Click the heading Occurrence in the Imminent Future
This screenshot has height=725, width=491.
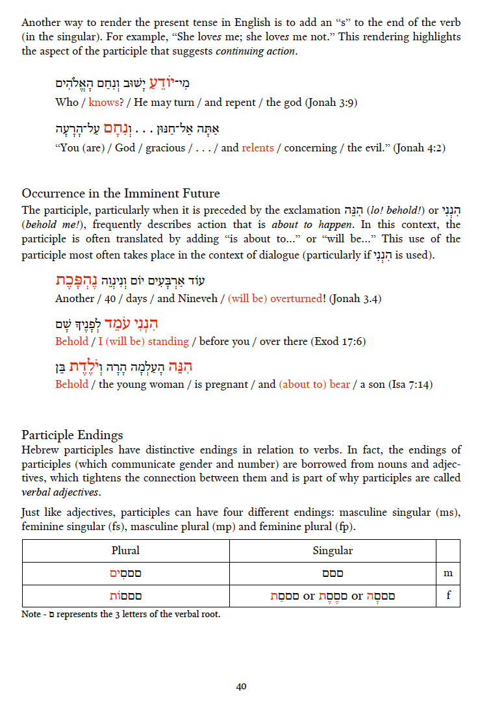121,194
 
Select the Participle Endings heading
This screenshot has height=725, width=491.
72,435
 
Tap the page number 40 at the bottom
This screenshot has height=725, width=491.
241,687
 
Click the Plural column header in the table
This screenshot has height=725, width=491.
125,551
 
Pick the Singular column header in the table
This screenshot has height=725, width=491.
333,551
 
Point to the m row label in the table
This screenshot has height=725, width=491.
448,574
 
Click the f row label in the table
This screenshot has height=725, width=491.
448,596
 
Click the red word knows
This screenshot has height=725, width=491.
103,102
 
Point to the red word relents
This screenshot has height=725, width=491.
258,147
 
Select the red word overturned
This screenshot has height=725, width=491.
297,298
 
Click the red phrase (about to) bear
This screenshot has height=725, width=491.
314,384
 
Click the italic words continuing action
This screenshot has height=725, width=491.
257,51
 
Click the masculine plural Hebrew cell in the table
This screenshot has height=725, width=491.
125,574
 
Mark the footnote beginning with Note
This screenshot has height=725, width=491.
121,614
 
